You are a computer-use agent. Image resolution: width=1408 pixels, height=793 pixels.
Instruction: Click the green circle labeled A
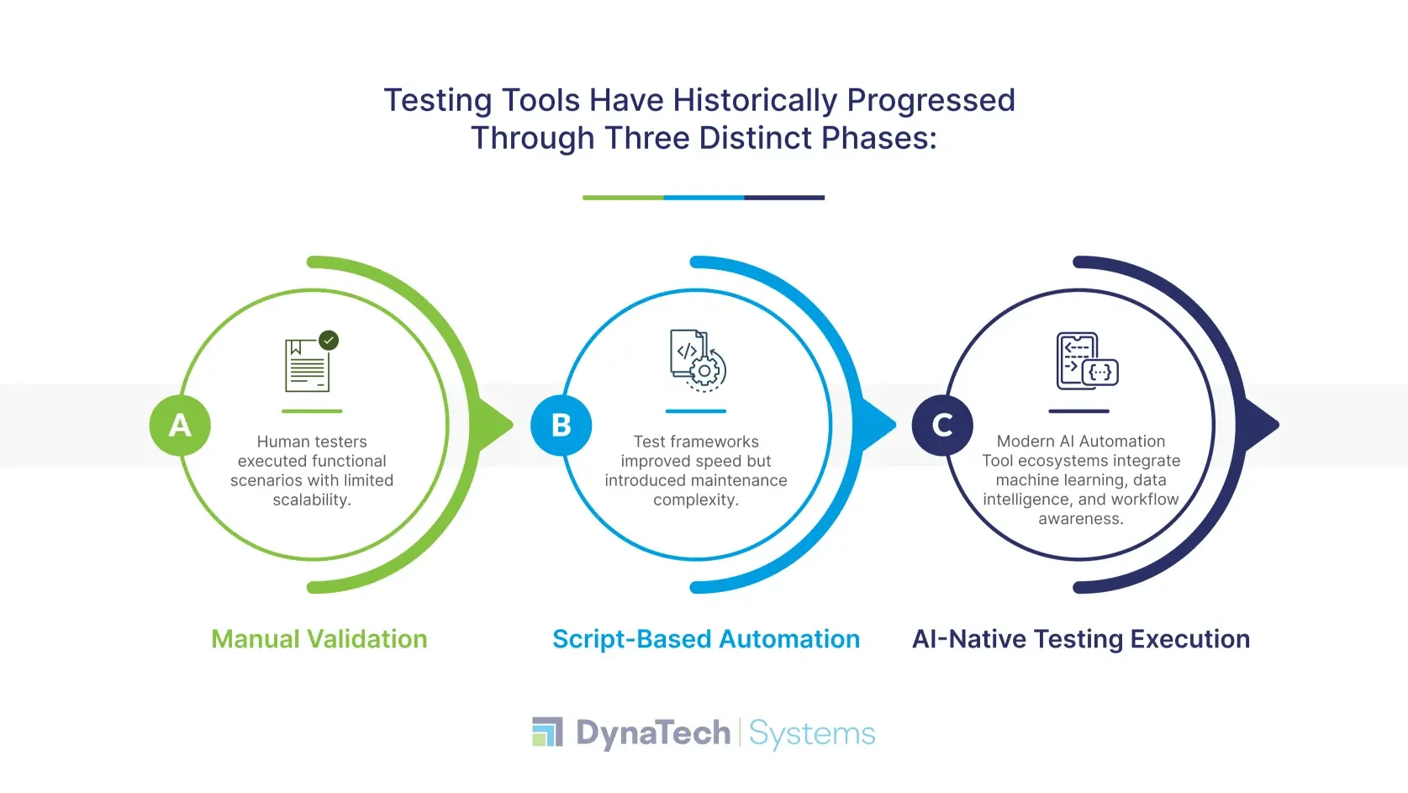[x=180, y=426]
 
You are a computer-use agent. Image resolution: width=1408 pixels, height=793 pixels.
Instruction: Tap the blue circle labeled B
[x=562, y=426]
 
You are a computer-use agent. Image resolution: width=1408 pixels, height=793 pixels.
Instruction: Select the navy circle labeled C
[x=942, y=426]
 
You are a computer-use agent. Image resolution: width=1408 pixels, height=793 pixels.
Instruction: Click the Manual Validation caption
[x=319, y=639]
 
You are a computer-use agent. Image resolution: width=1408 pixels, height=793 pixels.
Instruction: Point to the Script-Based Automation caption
[x=706, y=639]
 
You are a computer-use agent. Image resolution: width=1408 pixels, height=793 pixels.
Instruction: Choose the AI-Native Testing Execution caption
[x=1081, y=639]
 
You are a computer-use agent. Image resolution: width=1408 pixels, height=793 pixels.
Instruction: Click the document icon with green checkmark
[x=309, y=365]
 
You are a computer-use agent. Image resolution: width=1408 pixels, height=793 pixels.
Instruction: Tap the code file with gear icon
[x=697, y=361]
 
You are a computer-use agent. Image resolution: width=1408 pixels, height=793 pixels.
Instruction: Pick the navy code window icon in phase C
[x=1086, y=361]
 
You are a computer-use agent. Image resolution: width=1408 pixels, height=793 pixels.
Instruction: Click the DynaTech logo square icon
[x=547, y=732]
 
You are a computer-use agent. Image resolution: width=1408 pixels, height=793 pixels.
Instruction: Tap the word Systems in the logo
[x=812, y=733]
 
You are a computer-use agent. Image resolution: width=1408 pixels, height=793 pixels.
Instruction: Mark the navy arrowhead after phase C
[x=1263, y=425]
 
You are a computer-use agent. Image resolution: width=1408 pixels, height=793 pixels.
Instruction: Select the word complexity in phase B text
[x=695, y=500]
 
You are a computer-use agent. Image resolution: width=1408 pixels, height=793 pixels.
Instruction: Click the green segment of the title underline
[x=623, y=198]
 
